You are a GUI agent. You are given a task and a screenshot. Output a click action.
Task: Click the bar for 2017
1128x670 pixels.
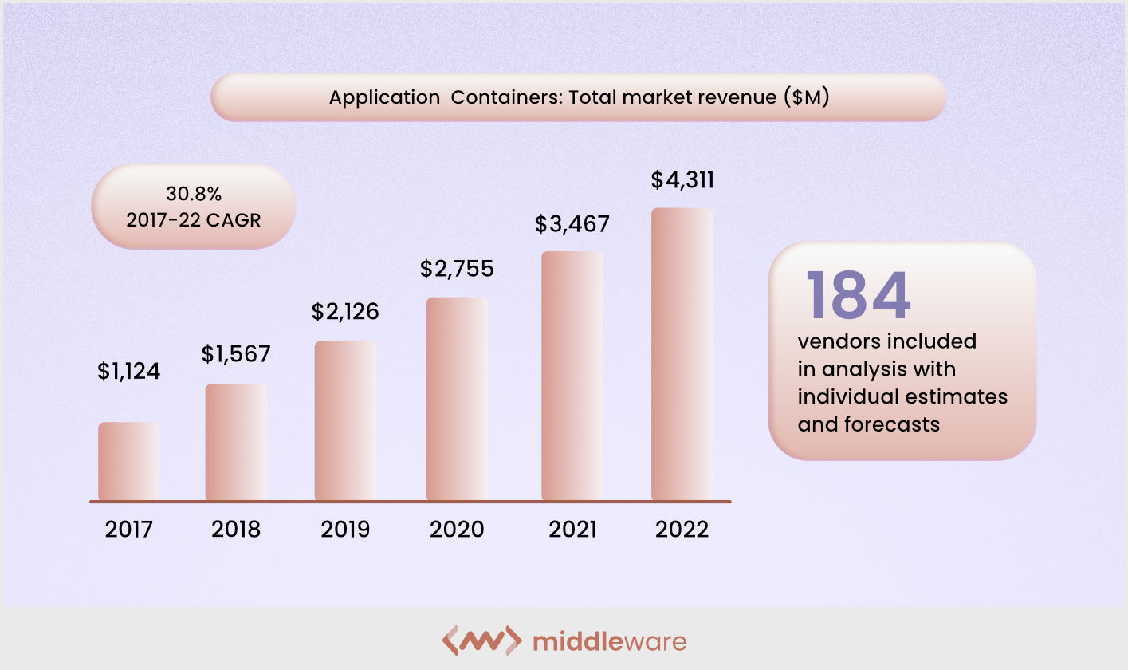pos(129,461)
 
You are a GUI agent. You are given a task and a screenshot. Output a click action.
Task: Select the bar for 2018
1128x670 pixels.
pos(236,442)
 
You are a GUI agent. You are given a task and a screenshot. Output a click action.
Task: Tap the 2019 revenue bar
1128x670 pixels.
pos(345,420)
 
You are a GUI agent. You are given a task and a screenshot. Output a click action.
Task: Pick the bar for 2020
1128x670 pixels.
pos(457,399)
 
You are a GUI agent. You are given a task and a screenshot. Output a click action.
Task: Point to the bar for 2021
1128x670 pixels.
pos(572,376)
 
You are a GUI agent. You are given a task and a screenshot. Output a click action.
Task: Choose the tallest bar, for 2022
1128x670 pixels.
pos(682,354)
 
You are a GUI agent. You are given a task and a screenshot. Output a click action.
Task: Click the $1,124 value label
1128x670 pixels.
pos(129,371)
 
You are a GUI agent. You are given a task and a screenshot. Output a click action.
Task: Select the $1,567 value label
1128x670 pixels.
pos(236,353)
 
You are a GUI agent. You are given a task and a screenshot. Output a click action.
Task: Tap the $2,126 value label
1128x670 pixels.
pos(345,311)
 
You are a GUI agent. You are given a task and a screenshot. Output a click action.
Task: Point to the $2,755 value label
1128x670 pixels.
pos(457,268)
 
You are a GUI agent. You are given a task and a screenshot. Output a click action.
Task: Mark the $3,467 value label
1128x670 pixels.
pos(572,224)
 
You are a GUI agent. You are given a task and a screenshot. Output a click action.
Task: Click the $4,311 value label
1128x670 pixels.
pos(682,180)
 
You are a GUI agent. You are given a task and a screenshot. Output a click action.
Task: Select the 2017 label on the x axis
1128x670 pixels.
pos(128,530)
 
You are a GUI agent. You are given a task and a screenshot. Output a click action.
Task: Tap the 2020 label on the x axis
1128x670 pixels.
pos(457,530)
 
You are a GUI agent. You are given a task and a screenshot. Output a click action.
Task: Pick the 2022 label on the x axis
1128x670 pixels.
pos(682,530)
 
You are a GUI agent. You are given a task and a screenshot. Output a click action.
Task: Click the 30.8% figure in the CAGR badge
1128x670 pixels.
pos(193,194)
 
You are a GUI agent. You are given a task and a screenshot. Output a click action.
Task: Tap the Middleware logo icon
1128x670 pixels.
pos(481,640)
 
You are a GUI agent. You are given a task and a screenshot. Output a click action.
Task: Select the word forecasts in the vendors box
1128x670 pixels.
pos(893,424)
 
